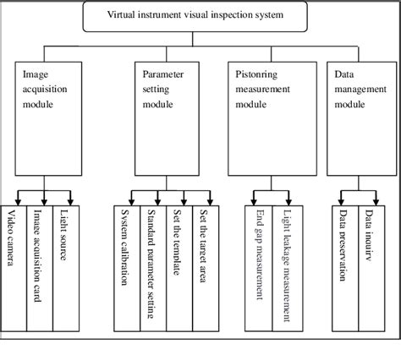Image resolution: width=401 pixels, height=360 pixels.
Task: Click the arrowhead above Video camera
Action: (x=13, y=200)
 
